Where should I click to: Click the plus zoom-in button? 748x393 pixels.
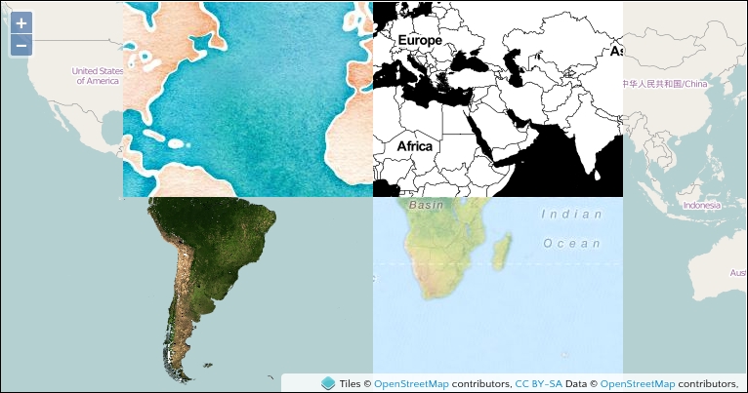tap(21, 22)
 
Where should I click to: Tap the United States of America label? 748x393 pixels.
tap(98, 75)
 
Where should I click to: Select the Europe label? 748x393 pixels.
tap(419, 40)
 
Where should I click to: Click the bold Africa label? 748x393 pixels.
tap(415, 146)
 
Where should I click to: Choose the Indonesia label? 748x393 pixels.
tap(701, 206)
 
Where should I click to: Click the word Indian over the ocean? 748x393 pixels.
tap(564, 213)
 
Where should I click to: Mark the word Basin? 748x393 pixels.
tap(427, 206)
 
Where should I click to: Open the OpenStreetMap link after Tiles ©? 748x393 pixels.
tap(411, 384)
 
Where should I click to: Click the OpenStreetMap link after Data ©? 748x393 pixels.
tap(638, 384)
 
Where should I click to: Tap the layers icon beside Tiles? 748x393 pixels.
tap(328, 384)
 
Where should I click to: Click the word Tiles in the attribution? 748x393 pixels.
tap(351, 384)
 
